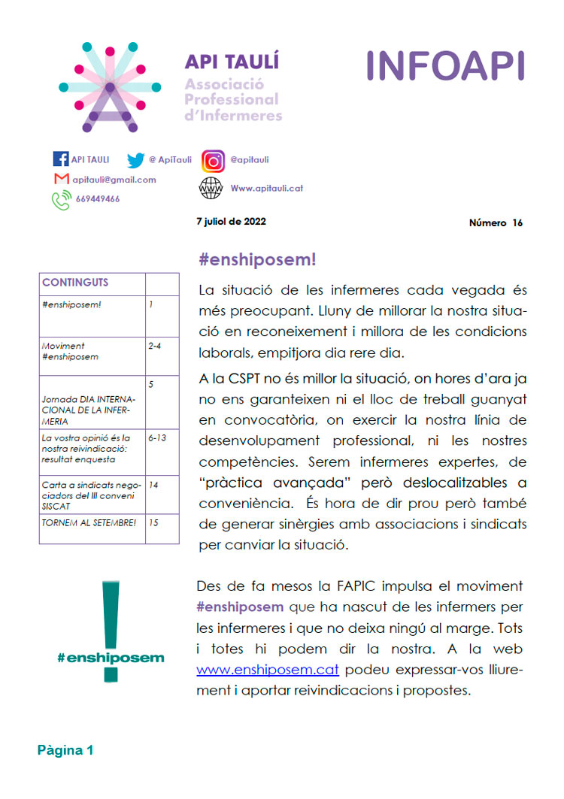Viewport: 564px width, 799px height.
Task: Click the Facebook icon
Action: point(61,159)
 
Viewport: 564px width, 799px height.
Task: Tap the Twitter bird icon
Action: point(135,160)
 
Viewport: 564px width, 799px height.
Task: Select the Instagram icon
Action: point(214,161)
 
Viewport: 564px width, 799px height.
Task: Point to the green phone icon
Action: point(61,200)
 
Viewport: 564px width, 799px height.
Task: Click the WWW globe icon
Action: point(211,189)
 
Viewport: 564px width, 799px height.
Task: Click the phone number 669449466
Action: point(97,199)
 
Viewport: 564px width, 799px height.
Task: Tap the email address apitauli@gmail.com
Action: point(115,180)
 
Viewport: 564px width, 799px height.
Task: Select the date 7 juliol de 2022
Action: point(231,222)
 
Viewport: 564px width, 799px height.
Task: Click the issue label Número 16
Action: point(496,222)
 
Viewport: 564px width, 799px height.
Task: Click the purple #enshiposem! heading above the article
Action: point(257,260)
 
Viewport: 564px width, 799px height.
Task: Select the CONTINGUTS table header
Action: point(75,283)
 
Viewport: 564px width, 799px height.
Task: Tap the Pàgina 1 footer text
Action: point(66,749)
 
